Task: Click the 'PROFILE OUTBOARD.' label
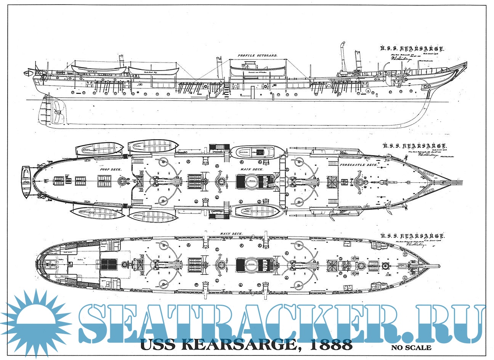257,56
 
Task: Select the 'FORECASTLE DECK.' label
358,165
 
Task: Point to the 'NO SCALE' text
411,347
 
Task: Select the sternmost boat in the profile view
99,70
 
